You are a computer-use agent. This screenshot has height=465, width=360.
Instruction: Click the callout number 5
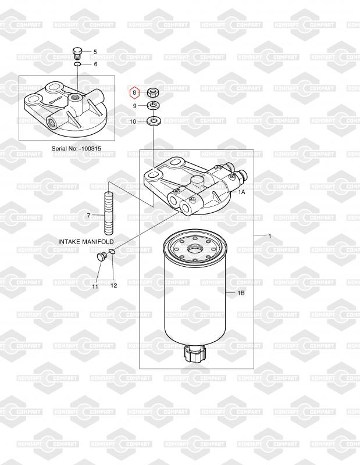(95, 52)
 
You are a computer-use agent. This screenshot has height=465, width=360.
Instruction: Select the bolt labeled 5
(77, 53)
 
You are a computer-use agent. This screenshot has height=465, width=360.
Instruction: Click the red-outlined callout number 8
(134, 92)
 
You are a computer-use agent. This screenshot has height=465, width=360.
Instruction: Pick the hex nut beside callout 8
(154, 93)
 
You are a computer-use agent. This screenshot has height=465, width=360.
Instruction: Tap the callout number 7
(88, 215)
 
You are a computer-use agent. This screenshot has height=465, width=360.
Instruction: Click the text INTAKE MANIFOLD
(85, 242)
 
